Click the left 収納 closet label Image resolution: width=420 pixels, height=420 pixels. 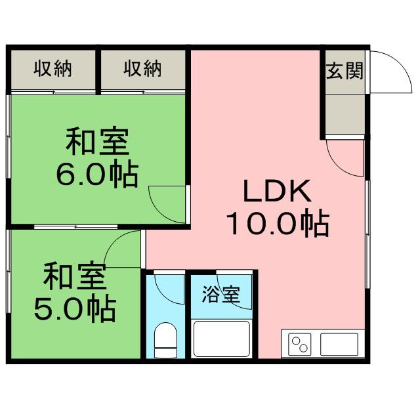pyautogui.click(x=52, y=69)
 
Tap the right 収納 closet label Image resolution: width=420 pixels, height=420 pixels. pyautogui.click(x=143, y=69)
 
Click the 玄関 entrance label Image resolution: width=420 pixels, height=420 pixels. pyautogui.click(x=345, y=71)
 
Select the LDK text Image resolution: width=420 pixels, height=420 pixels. pyautogui.click(x=278, y=191)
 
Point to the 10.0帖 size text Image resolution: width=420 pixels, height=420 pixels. pyautogui.click(x=278, y=224)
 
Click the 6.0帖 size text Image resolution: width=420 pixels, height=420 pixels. pyautogui.click(x=97, y=174)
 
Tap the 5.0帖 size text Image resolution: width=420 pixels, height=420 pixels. pyautogui.click(x=75, y=308)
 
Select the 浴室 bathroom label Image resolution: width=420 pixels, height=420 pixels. pyautogui.click(x=221, y=294)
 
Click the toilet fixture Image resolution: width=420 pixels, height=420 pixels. pyautogui.click(x=166, y=340)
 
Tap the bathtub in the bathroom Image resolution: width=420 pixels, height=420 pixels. pyautogui.click(x=222, y=339)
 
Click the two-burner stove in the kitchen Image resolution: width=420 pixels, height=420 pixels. pyautogui.click(x=300, y=345)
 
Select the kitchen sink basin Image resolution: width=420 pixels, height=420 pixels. pyautogui.click(x=339, y=344)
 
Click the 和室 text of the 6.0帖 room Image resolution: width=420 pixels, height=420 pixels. pyautogui.click(x=98, y=141)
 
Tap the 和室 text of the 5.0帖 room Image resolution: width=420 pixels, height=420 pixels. pyautogui.click(x=75, y=276)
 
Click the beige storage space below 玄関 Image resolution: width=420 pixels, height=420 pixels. pyautogui.click(x=345, y=114)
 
